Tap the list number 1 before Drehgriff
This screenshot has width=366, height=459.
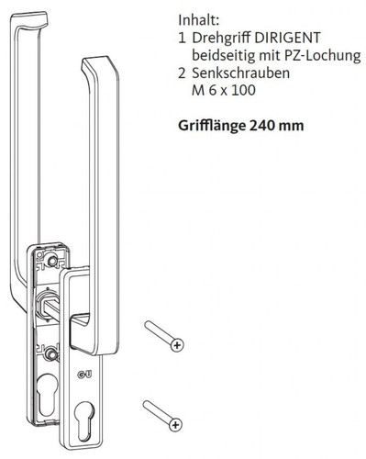pyautogui.click(x=183, y=39)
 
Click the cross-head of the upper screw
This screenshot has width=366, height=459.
pyautogui.click(x=177, y=345)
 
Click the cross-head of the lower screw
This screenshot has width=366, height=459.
pyautogui.click(x=177, y=423)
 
